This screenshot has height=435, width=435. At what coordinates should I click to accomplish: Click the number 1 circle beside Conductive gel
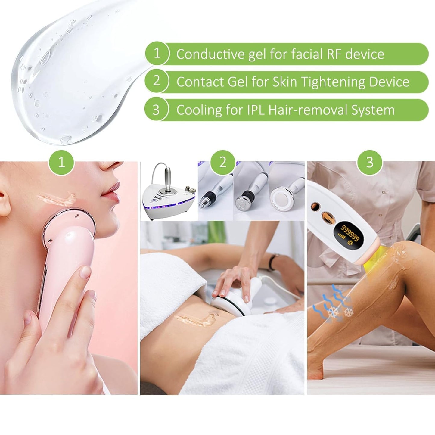157,53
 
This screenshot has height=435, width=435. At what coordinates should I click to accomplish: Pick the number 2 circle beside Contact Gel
157,81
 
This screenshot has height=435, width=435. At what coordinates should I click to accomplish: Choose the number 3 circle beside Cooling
156,110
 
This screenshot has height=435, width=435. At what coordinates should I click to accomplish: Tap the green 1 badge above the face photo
61,163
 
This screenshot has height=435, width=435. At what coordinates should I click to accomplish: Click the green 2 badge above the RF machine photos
223,163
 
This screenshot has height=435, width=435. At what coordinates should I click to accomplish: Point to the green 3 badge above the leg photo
370,163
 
